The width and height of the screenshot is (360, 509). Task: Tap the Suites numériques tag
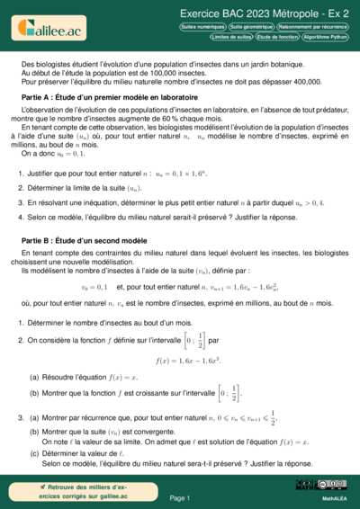(202, 28)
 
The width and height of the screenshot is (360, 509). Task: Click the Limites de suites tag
(230, 38)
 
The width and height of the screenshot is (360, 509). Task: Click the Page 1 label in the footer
(180, 497)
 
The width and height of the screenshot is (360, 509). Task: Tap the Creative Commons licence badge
(334, 485)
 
